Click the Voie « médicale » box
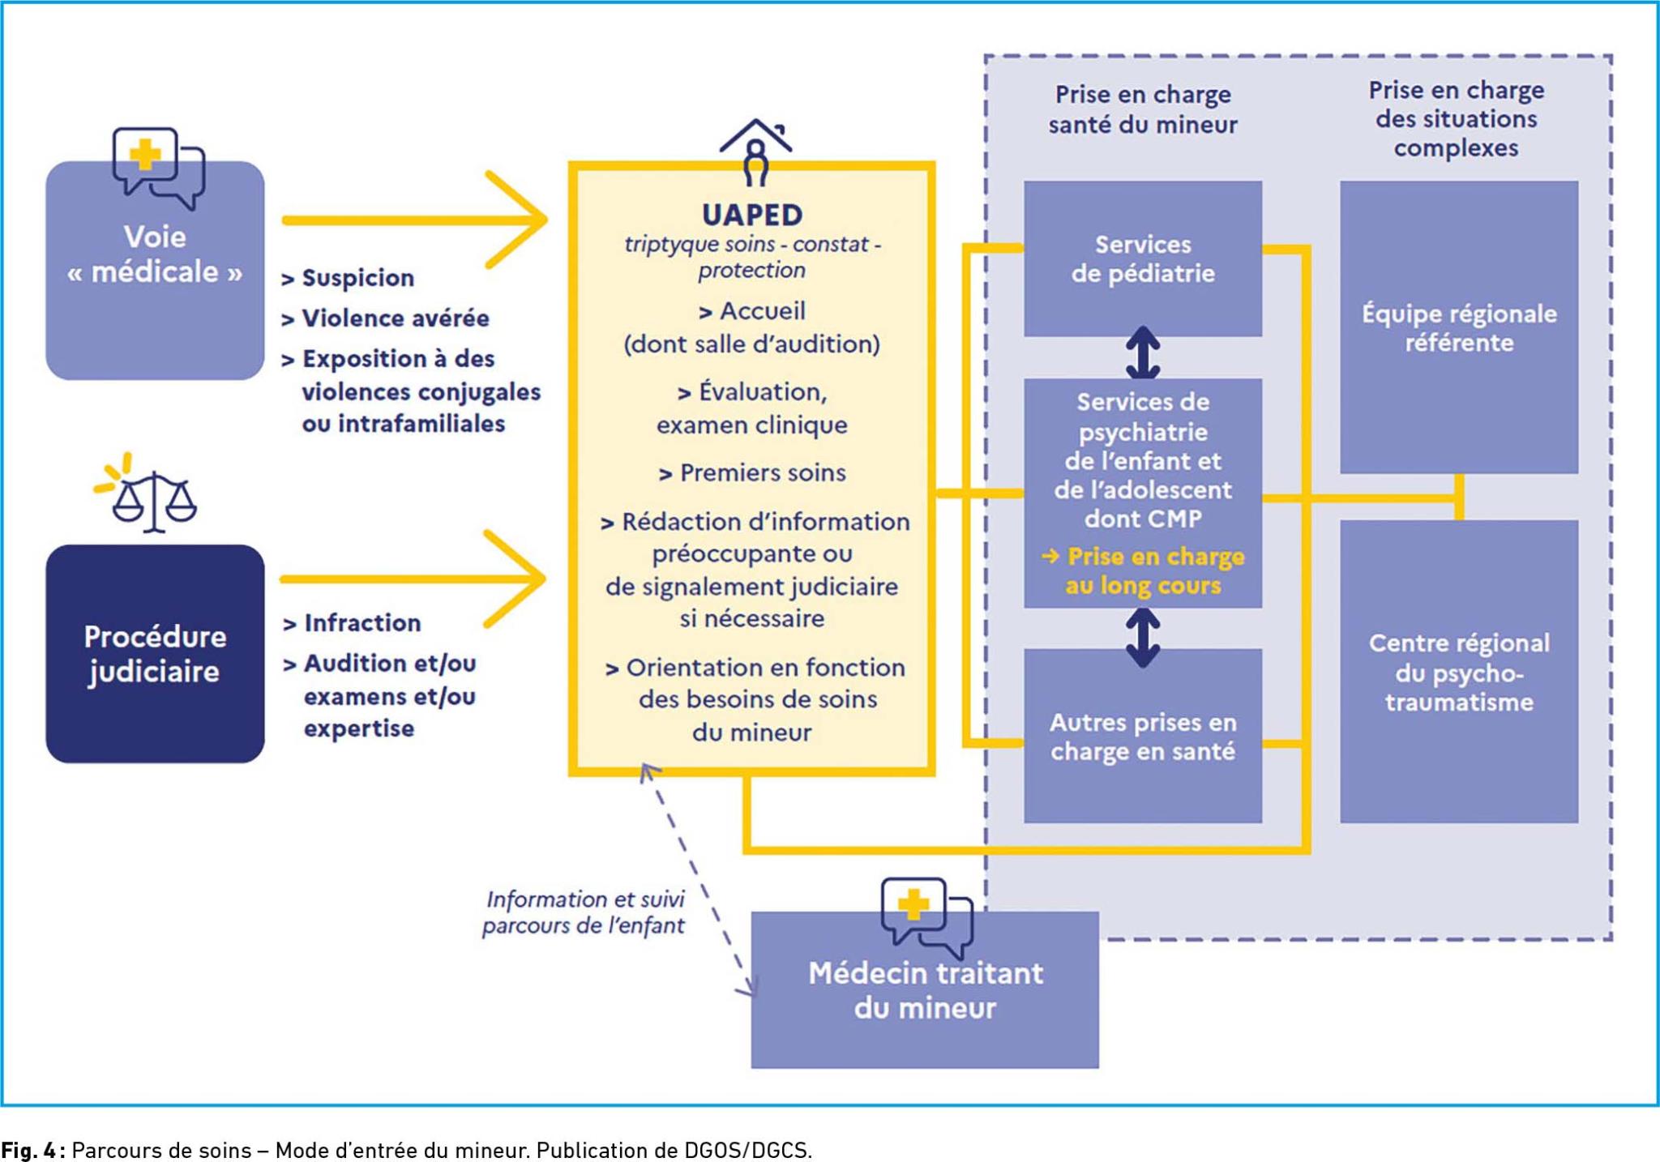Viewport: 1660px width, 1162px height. click(155, 270)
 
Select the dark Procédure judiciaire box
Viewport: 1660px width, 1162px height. click(155, 653)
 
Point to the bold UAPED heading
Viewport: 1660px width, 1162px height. click(752, 215)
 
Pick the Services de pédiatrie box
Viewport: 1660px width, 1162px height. click(1143, 258)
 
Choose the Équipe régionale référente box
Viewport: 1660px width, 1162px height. click(1459, 327)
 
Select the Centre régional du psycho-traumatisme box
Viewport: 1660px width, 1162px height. click(1459, 672)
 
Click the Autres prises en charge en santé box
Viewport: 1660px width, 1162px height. click(1143, 736)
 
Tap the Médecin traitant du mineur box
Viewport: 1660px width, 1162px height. click(925, 990)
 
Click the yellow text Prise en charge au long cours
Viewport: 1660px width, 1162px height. click(1143, 570)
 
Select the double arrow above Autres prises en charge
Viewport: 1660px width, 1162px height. click(1143, 638)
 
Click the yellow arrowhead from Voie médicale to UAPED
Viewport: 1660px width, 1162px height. click(519, 219)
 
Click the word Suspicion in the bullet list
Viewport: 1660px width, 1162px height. click(358, 278)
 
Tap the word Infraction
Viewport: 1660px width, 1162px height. click(362, 622)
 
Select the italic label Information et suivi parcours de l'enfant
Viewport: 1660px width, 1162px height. click(584, 912)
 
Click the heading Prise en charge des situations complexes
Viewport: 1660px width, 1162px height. click(1457, 118)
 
